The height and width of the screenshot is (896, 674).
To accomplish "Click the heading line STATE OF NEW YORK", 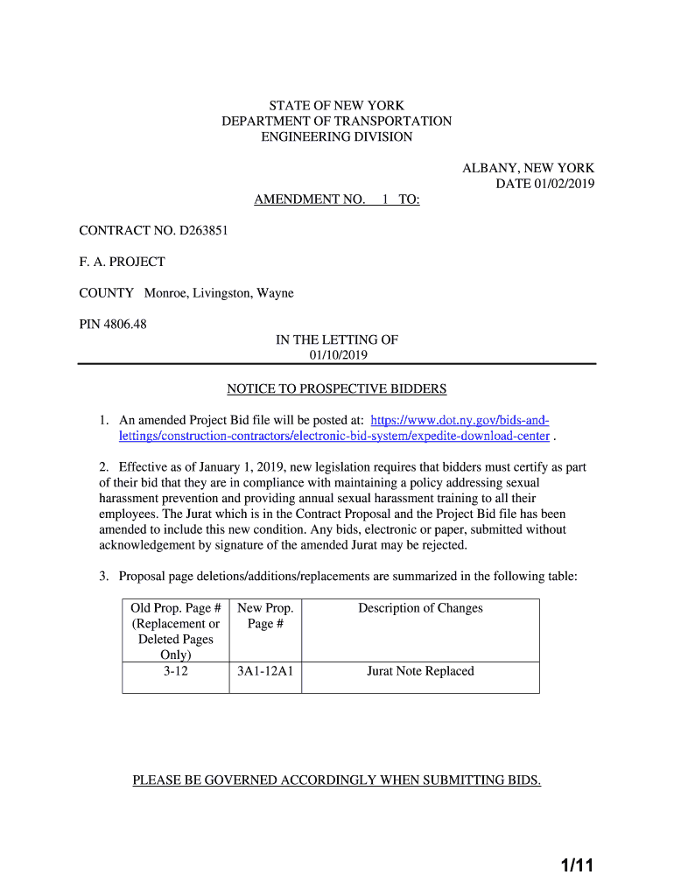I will pos(337,106).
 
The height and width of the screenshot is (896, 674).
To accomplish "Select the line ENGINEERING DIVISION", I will pos(337,137).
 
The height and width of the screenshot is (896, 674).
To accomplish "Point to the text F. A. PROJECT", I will pos(122,262).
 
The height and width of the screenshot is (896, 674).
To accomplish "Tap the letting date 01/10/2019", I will pos(337,355).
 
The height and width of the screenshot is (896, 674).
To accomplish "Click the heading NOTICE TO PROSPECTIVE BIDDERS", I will pos(337,388).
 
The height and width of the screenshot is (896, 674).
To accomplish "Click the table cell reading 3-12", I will pos(175,671).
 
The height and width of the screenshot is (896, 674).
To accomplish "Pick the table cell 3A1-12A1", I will pos(265,671).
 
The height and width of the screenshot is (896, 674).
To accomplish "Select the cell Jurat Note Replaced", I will pos(420,671).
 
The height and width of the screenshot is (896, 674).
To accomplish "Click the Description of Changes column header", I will pos(420,608).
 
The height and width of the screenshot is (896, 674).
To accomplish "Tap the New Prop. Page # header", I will pos(265,616).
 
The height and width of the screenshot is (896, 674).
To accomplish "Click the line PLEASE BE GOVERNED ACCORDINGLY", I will pos(337,780).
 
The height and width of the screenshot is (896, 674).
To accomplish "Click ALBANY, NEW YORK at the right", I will pos(529,168).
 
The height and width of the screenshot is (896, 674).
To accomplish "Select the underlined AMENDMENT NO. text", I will pos(310,199).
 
